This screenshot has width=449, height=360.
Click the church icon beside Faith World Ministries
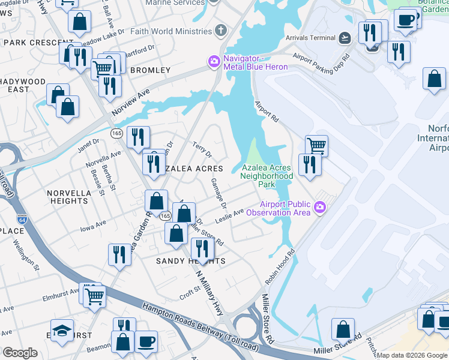(221, 30)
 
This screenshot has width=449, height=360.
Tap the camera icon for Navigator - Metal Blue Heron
(213, 62)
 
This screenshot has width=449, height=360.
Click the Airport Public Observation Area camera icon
(320, 208)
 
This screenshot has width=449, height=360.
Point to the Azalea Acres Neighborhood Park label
(267, 176)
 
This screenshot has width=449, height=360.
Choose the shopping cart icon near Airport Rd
(316, 145)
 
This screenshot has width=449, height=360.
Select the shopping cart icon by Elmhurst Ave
(94, 295)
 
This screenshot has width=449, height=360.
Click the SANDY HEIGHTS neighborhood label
(190, 261)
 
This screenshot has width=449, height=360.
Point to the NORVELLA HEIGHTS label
(68, 197)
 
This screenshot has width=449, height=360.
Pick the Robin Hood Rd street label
(280, 265)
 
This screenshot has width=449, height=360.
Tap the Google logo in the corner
(20, 353)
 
